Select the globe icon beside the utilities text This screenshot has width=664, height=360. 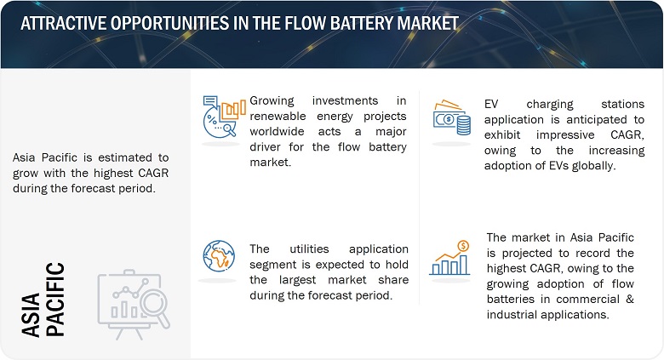[219, 256]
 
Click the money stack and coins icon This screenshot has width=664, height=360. [452, 117]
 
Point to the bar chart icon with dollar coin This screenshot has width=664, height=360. [450, 258]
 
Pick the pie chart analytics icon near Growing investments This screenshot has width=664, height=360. [224, 117]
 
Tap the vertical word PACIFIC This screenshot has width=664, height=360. [55, 300]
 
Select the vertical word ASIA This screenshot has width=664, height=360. [31, 315]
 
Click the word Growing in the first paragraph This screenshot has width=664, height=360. [272, 101]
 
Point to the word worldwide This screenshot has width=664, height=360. [277, 131]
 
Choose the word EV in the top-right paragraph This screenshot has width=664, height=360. [491, 104]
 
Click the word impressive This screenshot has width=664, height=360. [565, 135]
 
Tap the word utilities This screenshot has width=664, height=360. [309, 249]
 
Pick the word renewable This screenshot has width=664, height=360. [278, 116]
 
